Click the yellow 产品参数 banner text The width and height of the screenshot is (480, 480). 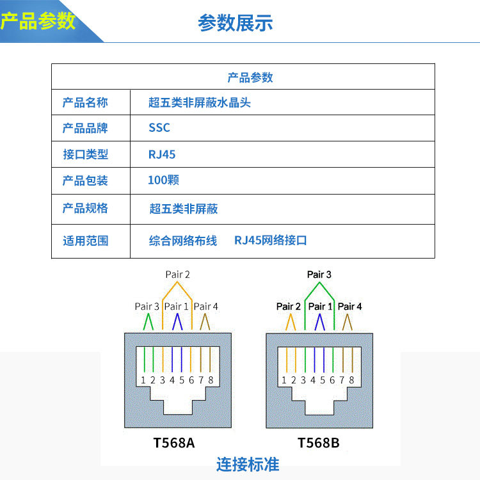coord(38,21)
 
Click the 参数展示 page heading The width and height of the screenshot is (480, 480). coord(236,23)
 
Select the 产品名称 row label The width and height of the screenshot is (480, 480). coord(85,102)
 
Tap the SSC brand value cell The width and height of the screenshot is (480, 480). coord(159,127)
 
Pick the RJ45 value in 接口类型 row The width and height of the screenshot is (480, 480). coord(162,154)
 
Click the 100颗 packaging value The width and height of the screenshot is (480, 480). coord(163,180)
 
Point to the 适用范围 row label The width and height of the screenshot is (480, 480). coord(85,241)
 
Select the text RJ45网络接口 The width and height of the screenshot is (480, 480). coord(271,241)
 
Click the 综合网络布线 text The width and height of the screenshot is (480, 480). coord(183,241)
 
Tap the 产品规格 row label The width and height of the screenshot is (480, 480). coord(85,208)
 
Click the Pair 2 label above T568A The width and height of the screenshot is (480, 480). coord(177,275)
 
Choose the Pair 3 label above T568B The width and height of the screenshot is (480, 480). coord(319,275)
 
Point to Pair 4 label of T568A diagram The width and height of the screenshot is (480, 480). coord(206,307)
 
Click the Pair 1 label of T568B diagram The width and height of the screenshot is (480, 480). coord(321,307)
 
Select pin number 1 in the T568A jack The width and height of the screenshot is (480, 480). coord(143,380)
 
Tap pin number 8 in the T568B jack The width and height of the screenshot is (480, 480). coord(351,380)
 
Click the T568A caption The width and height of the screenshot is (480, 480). coord(174,442)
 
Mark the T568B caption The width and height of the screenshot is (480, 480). coord(318,442)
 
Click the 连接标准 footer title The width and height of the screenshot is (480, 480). coord(248,464)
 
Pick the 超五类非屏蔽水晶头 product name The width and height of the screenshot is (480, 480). coord(199,102)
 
